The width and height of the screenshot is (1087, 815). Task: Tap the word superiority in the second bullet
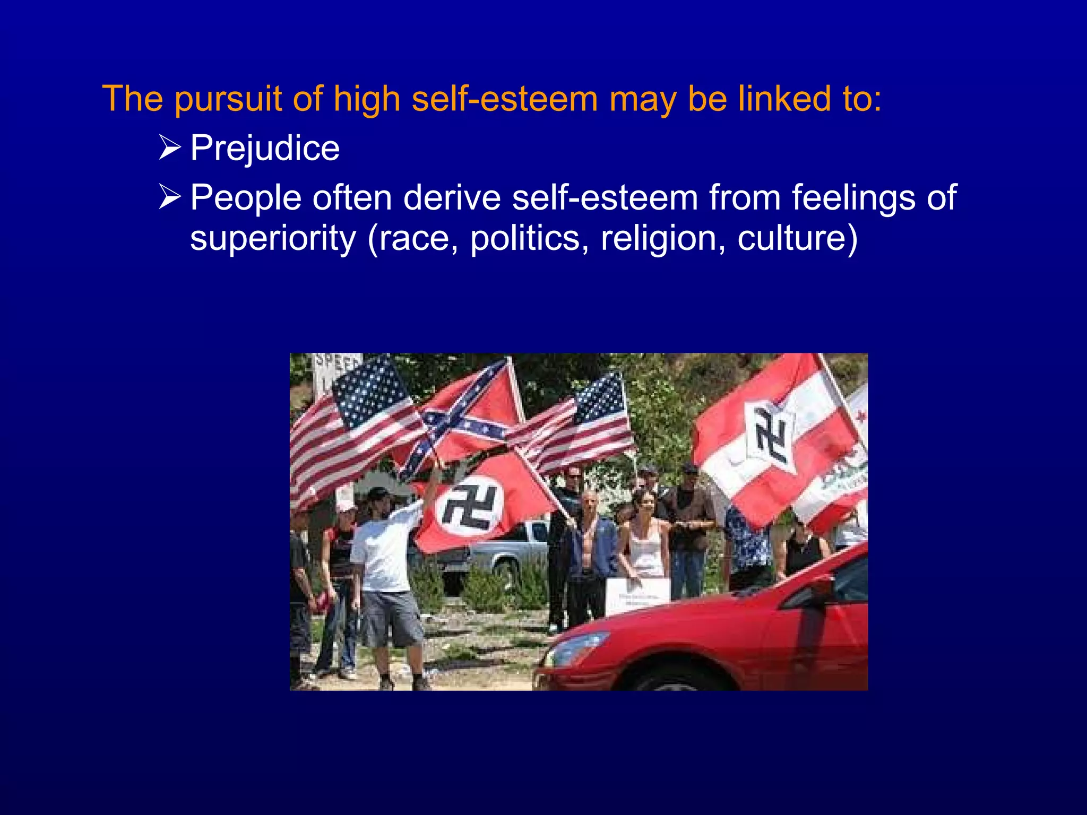coord(273,239)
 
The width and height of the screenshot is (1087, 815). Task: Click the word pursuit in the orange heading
coord(228,99)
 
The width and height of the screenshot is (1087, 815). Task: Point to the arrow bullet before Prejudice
coord(170,148)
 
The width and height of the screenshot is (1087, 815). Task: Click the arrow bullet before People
coord(170,197)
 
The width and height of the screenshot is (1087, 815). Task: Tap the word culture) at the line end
coord(797,239)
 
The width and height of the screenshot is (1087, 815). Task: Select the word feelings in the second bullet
coord(855,198)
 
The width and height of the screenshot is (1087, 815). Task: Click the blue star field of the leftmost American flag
coord(369,390)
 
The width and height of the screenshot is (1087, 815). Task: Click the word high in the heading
coord(366,99)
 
